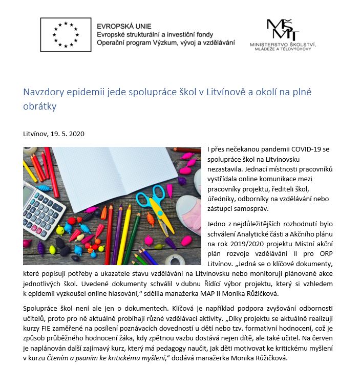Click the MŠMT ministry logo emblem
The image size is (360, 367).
coord(280,30)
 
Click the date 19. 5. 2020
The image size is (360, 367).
coord(68,134)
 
